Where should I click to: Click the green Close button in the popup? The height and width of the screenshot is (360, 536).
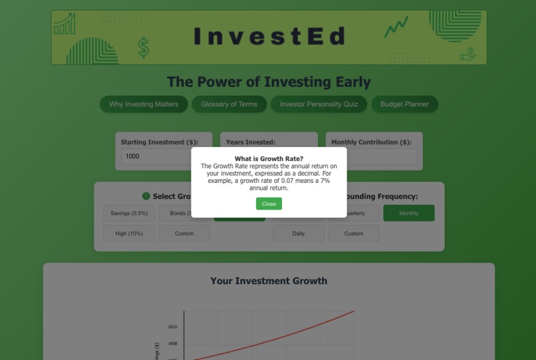coord(269,204)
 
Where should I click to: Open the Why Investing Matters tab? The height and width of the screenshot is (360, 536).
coord(144,104)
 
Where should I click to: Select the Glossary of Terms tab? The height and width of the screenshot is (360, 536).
coord(229,104)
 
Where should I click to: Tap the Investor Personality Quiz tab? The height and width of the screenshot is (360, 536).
coord(319,104)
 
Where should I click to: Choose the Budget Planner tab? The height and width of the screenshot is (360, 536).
coord(404,104)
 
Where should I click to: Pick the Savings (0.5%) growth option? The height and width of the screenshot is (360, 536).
coord(129,214)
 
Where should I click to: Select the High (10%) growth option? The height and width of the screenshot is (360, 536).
coord(129,234)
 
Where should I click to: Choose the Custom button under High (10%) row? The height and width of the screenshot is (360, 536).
coord(184,234)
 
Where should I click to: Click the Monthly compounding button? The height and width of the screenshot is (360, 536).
coord(409,214)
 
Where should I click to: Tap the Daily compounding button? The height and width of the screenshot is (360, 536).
coord(299,234)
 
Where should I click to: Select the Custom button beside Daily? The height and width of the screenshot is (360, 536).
coord(354,234)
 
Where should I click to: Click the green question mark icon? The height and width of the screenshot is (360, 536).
coord(146,196)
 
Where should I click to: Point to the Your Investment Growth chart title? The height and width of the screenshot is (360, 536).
coord(269,281)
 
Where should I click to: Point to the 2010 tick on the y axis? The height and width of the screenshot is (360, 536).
coord(173,327)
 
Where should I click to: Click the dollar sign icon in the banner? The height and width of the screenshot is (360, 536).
coord(143,47)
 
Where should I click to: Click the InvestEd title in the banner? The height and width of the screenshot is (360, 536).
coord(269,37)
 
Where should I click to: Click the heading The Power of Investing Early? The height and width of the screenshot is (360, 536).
coord(269,82)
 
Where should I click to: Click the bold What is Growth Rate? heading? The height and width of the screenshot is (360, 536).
coord(269,158)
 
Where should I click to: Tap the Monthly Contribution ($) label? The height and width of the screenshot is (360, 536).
coord(371,142)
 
